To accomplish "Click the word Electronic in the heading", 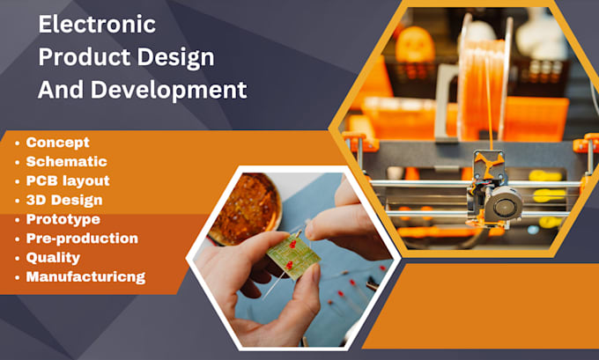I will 97,25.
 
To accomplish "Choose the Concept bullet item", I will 57,142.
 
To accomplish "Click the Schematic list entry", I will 66,161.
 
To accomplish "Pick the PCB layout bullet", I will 68,180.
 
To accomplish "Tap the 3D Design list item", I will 64,200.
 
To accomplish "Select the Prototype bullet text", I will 63,219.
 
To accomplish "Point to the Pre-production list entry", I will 82,239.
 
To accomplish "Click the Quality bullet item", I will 53,258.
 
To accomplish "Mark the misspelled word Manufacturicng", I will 85,277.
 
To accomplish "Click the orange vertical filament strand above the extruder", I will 486,114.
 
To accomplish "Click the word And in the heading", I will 60,90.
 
